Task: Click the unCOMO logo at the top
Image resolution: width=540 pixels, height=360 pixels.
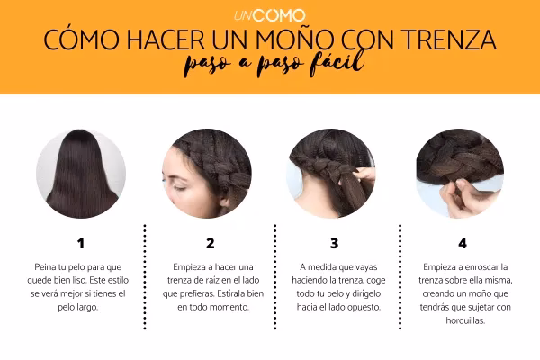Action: point(270,15)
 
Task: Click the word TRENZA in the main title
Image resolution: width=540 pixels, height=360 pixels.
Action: point(448,40)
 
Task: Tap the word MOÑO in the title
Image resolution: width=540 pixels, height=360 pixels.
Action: point(293,39)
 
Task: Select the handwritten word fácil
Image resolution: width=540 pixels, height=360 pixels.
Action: point(337,63)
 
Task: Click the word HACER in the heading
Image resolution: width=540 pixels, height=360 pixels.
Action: point(166,40)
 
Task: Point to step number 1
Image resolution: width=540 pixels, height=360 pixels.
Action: point(81,244)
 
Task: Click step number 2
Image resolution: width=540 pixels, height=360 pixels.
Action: point(210,244)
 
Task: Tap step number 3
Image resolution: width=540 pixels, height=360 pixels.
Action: point(334,244)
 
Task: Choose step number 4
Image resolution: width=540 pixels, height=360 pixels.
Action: point(463,244)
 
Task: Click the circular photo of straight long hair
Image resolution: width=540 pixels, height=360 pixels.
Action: point(81,174)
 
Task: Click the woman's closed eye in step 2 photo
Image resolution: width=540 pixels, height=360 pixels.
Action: point(180,187)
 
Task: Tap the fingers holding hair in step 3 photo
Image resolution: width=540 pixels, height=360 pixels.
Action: point(363,175)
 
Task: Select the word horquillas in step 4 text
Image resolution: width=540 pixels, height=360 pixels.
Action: point(465,320)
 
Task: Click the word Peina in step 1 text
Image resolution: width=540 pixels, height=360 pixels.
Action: point(44,267)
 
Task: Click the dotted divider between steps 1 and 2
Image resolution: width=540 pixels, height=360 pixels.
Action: point(145,276)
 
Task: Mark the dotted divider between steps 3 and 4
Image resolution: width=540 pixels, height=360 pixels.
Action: point(400,276)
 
